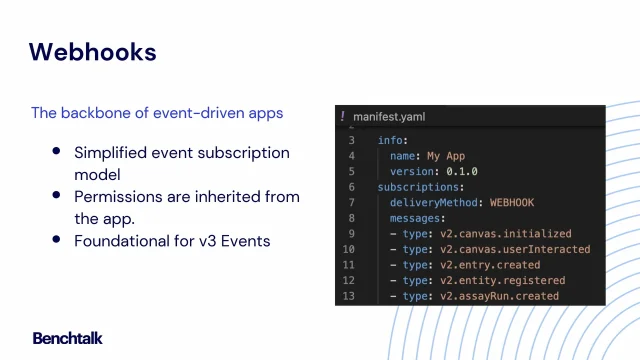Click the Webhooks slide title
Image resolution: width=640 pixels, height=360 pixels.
coord(92,52)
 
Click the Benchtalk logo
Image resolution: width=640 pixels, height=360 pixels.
coord(67,338)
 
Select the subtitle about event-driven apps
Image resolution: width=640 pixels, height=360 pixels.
coord(157,113)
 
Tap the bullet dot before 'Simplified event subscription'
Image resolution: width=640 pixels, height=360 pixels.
coord(56,152)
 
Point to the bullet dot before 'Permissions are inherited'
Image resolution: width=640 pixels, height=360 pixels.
coord(56,196)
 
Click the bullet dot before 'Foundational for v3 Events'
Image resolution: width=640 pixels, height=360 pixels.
coord(56,240)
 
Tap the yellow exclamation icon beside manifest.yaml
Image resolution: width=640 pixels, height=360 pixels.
coord(343,117)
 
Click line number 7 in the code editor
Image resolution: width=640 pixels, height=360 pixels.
coord(351,202)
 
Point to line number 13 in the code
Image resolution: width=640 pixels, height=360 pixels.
coord(348,296)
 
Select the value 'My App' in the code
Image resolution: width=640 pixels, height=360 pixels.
coord(447,156)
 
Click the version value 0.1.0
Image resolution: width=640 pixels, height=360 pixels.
coord(462,171)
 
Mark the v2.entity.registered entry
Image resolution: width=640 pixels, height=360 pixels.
coord(512,281)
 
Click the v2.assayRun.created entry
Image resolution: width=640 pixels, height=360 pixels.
coord(509,296)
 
